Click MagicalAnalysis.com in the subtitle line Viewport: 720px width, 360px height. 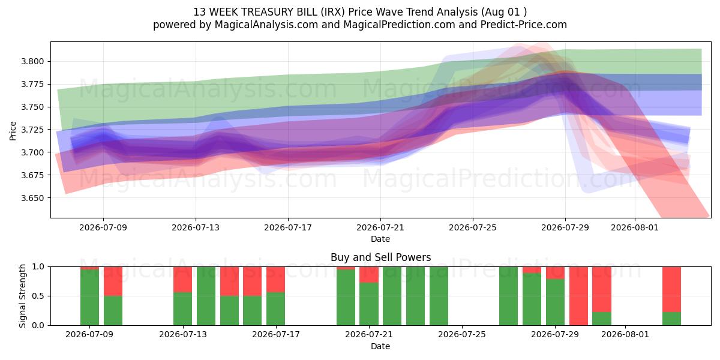coord(266,25)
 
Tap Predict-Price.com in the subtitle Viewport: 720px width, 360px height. coord(524,25)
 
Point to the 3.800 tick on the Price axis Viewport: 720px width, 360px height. coord(32,61)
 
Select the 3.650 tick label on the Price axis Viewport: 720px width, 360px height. coord(32,198)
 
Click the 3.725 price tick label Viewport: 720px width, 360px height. coord(32,130)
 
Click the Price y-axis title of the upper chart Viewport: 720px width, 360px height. coord(13,131)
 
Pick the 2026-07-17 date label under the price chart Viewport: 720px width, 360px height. coord(288,227)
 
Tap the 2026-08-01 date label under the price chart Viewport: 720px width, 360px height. coord(635,227)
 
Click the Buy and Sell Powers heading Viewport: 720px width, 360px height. coord(380,257)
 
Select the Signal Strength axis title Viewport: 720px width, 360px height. coord(22,296)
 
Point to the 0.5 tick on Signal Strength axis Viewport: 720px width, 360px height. coord(38,296)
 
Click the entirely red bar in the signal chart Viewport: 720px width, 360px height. coord(578,296)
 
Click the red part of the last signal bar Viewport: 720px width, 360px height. coord(671,289)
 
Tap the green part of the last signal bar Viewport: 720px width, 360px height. coord(671,319)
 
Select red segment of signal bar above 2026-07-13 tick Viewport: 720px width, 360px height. coord(182,280)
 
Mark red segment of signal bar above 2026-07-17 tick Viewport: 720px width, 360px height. coord(275,280)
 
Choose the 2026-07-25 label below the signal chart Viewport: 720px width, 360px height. coord(462,335)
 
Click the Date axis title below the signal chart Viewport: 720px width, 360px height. coord(380,347)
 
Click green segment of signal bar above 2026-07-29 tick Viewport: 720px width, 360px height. coord(555,302)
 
